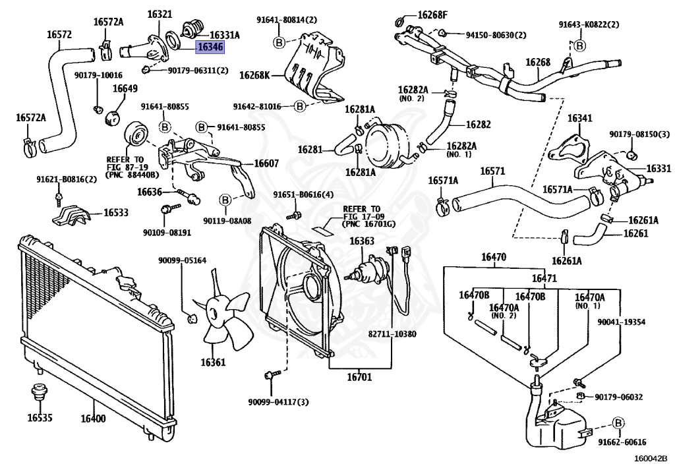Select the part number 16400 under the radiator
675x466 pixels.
pyautogui.click(x=93, y=418)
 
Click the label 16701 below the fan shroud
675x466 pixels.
pyautogui.click(x=360, y=378)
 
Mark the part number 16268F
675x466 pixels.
pyautogui.click(x=432, y=15)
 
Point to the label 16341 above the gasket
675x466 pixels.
pyautogui.click(x=580, y=118)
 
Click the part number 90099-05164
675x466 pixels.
pyautogui.click(x=182, y=260)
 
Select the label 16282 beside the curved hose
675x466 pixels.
pyautogui.click(x=478, y=124)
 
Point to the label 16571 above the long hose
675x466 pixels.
pyautogui.click(x=492, y=171)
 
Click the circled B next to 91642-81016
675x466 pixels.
pyautogui.click(x=299, y=105)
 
